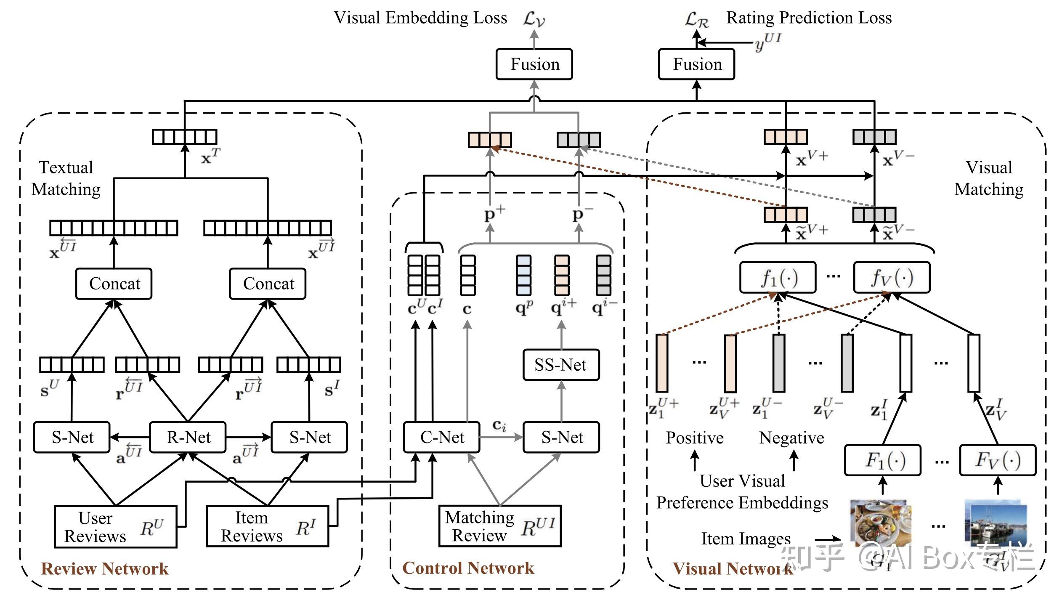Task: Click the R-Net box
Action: click(x=188, y=437)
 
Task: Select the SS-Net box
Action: click(x=561, y=365)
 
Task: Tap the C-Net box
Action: click(x=441, y=437)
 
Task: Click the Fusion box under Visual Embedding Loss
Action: click(x=534, y=64)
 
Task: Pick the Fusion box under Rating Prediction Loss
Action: click(x=697, y=64)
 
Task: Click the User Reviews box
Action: click(x=115, y=527)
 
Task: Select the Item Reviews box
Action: click(x=268, y=526)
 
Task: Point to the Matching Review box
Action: click(x=500, y=526)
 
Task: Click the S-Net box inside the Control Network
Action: click(x=561, y=437)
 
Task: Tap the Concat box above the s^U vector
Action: click(x=114, y=284)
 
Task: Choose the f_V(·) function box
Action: click(x=892, y=278)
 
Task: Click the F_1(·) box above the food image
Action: click(x=883, y=460)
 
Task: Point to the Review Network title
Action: click(x=104, y=569)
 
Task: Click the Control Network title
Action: click(x=468, y=568)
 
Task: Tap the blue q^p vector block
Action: click(x=524, y=275)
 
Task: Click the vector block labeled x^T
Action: click(x=185, y=137)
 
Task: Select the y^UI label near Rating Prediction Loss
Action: click(x=768, y=42)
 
